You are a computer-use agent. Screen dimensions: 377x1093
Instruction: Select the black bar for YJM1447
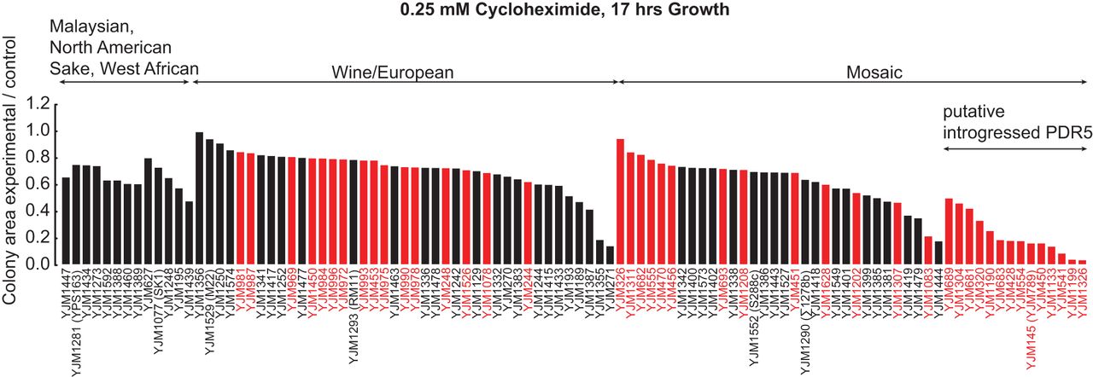66,221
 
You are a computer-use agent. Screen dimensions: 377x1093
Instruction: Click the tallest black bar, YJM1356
199,199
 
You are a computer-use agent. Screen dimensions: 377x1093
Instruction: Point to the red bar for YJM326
620,201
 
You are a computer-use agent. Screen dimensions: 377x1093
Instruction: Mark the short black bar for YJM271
610,255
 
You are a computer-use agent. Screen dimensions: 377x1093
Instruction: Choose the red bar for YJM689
949,231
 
